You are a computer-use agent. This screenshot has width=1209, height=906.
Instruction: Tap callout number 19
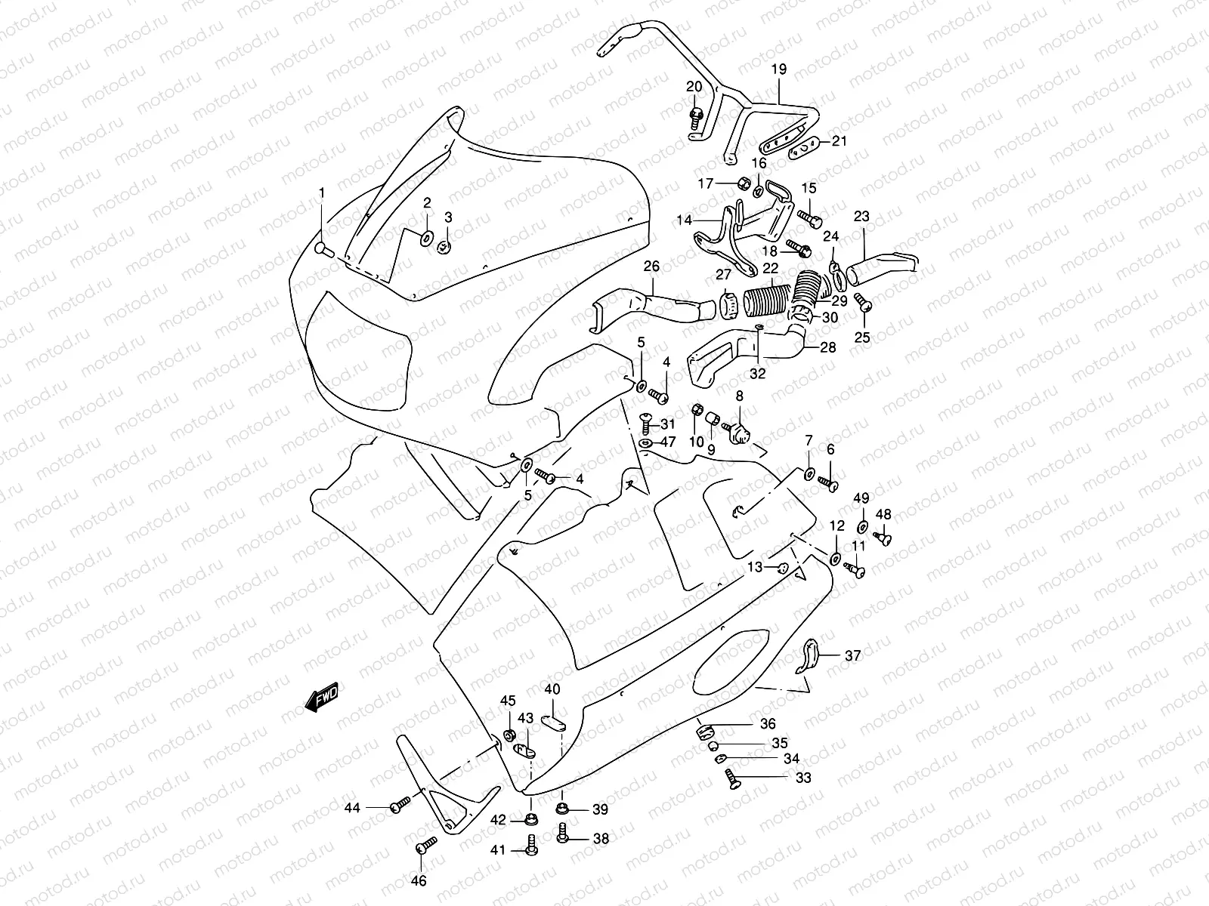tap(778, 69)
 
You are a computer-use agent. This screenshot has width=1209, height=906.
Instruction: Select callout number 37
tap(852, 656)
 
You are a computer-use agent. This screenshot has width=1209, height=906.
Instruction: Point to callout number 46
tap(418, 881)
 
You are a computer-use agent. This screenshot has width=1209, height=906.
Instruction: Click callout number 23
tap(861, 217)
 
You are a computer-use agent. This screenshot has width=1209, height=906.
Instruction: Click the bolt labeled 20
tap(696, 116)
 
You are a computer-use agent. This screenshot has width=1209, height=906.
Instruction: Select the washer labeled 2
tap(425, 239)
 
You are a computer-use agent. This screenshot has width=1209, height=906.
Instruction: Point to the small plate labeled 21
tap(803, 149)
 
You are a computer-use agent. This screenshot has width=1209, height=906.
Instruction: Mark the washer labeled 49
tap(862, 526)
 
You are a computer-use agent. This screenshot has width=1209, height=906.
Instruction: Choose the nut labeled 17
tap(743, 183)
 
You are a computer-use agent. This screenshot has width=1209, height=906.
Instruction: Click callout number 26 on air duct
tap(651, 267)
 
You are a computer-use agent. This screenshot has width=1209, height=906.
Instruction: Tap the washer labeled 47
tap(645, 442)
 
